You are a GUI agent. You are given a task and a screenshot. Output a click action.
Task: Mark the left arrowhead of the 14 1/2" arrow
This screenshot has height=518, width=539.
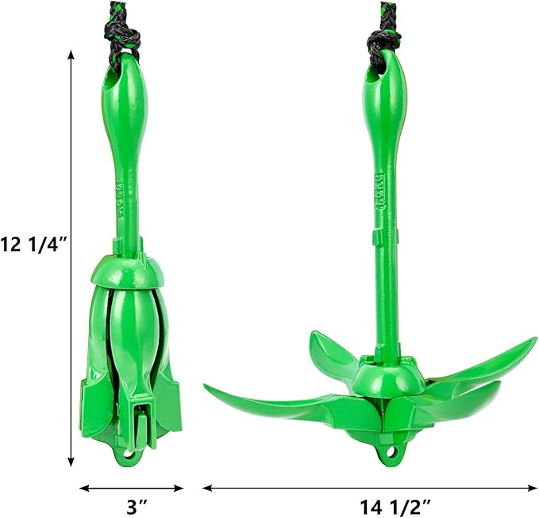coord(207,488)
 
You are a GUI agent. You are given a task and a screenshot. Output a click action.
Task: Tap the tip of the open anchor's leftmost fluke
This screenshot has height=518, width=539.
coord(208,388)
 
